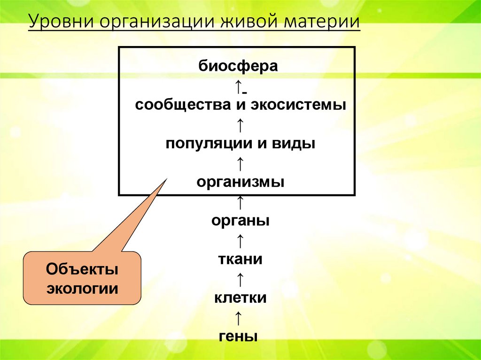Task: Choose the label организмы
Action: (x=240, y=182)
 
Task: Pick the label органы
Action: (x=240, y=221)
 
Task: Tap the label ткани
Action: (x=240, y=259)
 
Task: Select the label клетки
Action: (x=240, y=298)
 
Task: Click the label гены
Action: (x=238, y=337)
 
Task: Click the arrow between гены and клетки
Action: (x=239, y=317)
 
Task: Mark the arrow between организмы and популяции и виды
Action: (x=240, y=163)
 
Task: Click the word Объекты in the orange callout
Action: (x=82, y=270)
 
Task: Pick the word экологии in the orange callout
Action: (x=82, y=288)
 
